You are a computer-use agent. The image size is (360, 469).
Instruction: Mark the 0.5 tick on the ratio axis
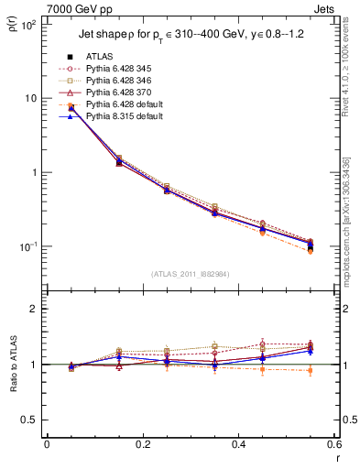[x=29, y=420]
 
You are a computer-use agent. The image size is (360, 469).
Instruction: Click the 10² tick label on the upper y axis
[x=27, y=25]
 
